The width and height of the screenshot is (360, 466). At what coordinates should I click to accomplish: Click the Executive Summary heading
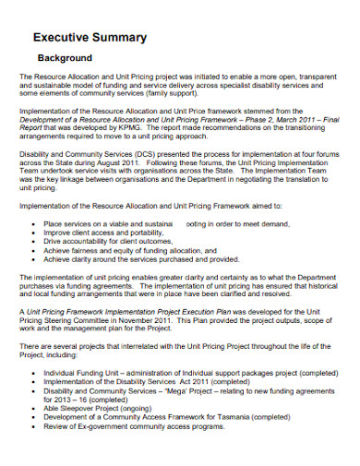coord(90,37)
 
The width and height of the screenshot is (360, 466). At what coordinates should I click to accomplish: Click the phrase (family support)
coord(165,92)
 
